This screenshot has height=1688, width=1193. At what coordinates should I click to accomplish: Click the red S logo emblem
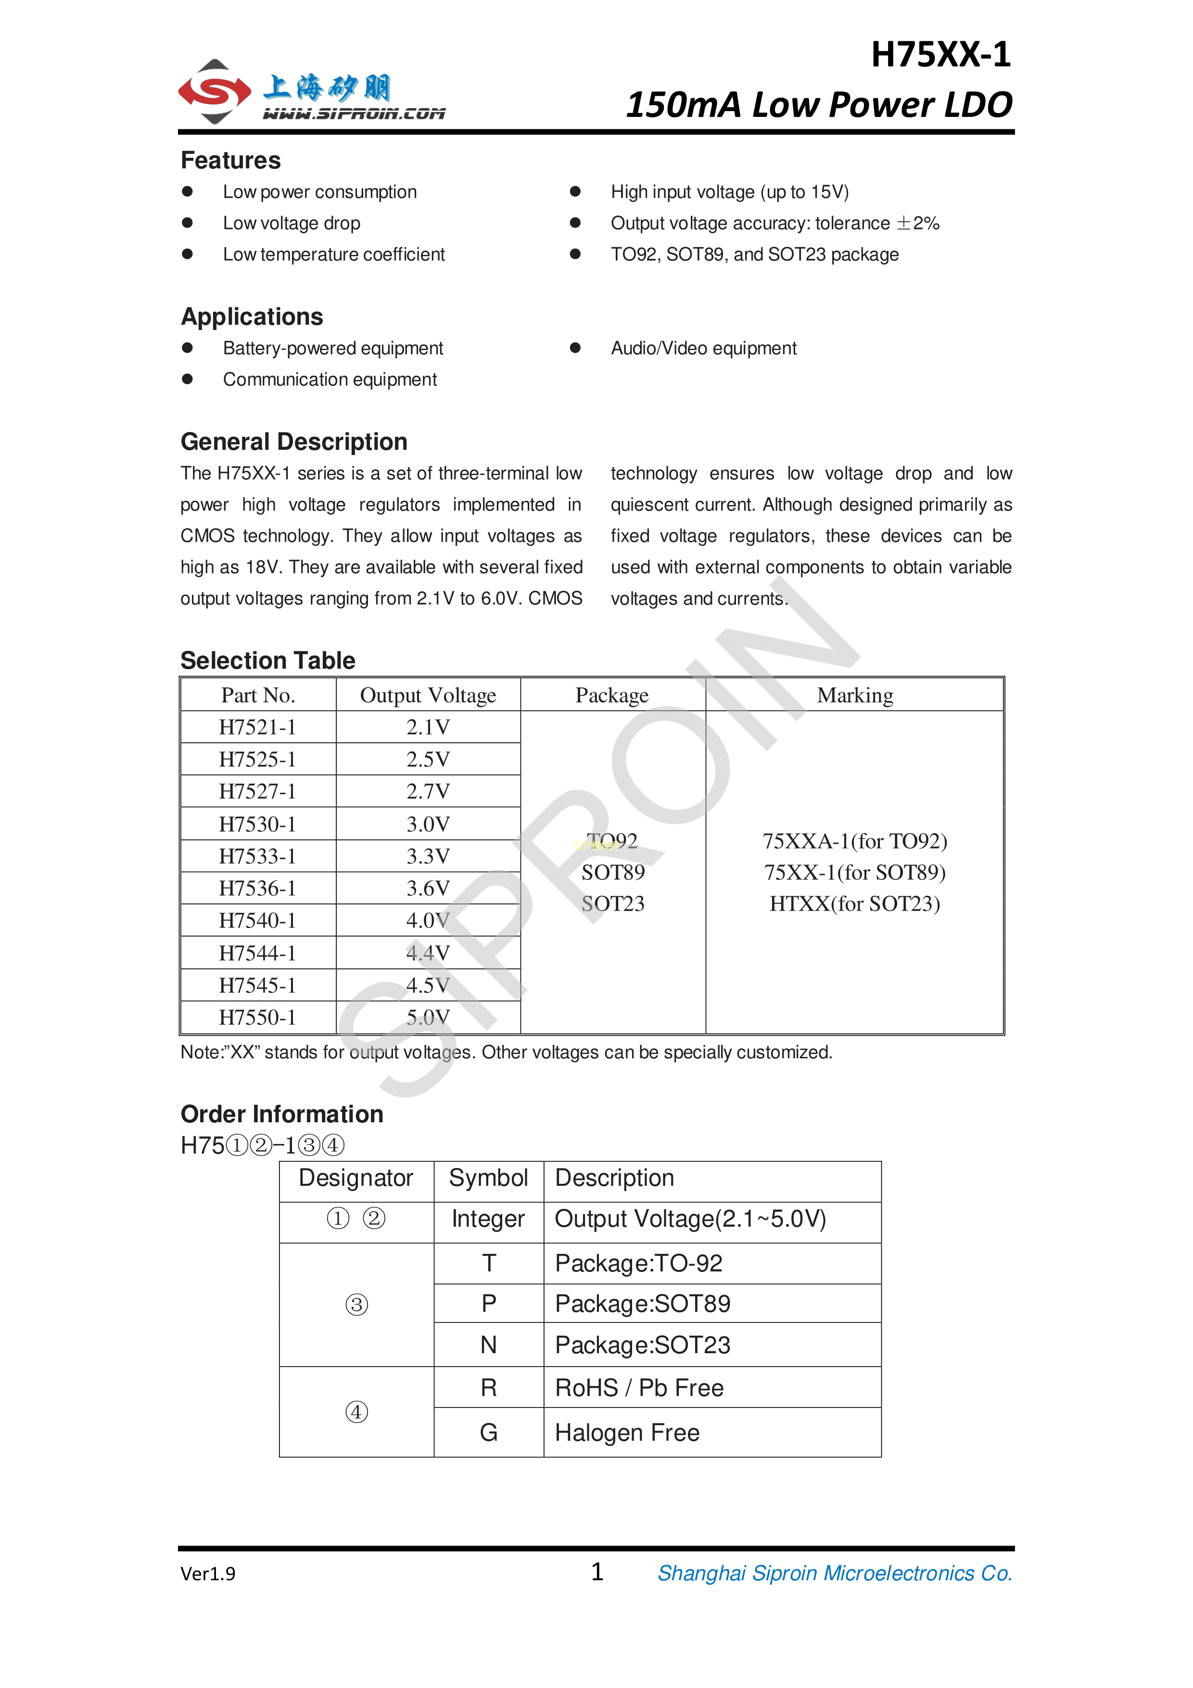tap(215, 91)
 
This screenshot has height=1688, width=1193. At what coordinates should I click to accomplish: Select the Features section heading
tap(231, 160)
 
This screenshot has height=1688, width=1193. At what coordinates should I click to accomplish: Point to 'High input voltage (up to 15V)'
tap(729, 192)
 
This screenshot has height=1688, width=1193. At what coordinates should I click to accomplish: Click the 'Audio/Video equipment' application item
tap(703, 348)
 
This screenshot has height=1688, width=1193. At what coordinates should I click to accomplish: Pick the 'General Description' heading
tap(294, 442)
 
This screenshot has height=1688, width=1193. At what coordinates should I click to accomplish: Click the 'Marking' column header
tap(854, 696)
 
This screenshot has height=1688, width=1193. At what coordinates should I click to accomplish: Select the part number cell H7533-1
tap(257, 856)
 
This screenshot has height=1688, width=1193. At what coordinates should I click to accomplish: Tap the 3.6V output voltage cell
tap(428, 889)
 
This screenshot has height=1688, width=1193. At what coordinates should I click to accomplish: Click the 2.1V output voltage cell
tap(428, 728)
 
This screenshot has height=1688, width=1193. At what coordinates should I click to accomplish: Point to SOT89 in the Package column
tap(612, 873)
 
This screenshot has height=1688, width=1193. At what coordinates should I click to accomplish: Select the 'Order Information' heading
tap(281, 1115)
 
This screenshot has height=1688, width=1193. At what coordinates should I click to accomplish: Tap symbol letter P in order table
tap(489, 1304)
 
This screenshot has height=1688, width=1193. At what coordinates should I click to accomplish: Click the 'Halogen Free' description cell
tap(627, 1433)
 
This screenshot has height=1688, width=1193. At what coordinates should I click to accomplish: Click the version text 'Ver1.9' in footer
tap(208, 1574)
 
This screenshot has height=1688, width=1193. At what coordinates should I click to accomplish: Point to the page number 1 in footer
tap(597, 1572)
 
